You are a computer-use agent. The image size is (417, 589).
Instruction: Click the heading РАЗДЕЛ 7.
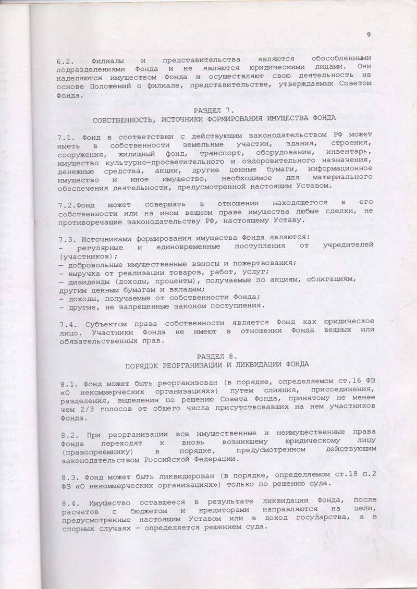click(214, 111)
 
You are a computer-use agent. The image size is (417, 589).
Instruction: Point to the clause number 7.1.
click(65, 136)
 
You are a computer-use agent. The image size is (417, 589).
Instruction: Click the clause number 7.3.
click(65, 238)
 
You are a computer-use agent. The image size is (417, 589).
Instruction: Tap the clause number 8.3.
click(65, 476)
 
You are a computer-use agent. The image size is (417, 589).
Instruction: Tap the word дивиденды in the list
click(88, 280)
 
